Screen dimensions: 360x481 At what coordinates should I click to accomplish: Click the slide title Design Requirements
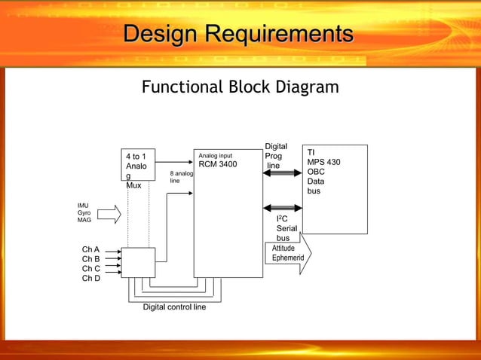(x=238, y=34)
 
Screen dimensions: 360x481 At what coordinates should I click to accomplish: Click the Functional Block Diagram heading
(x=240, y=87)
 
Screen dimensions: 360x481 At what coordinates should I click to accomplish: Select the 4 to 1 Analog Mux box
(x=138, y=165)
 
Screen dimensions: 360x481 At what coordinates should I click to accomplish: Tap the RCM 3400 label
(x=217, y=164)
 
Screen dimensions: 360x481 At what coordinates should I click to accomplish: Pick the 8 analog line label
(x=181, y=177)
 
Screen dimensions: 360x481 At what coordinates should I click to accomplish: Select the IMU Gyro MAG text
(x=84, y=212)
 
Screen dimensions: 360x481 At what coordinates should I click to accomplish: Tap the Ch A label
(x=90, y=249)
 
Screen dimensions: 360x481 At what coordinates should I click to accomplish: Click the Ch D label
(x=90, y=279)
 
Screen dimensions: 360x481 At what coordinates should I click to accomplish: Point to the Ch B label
(x=90, y=259)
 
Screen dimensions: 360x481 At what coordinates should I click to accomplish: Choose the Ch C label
(x=90, y=269)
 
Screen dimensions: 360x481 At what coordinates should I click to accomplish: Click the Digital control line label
(x=174, y=307)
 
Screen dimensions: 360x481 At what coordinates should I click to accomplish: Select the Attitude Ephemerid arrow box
(x=288, y=254)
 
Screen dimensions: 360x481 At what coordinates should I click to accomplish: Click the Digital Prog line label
(x=275, y=156)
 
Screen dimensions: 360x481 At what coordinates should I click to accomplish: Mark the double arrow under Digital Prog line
(x=282, y=173)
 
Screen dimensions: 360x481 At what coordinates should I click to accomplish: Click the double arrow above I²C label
(x=282, y=208)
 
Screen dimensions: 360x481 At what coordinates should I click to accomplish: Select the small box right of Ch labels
(x=138, y=262)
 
